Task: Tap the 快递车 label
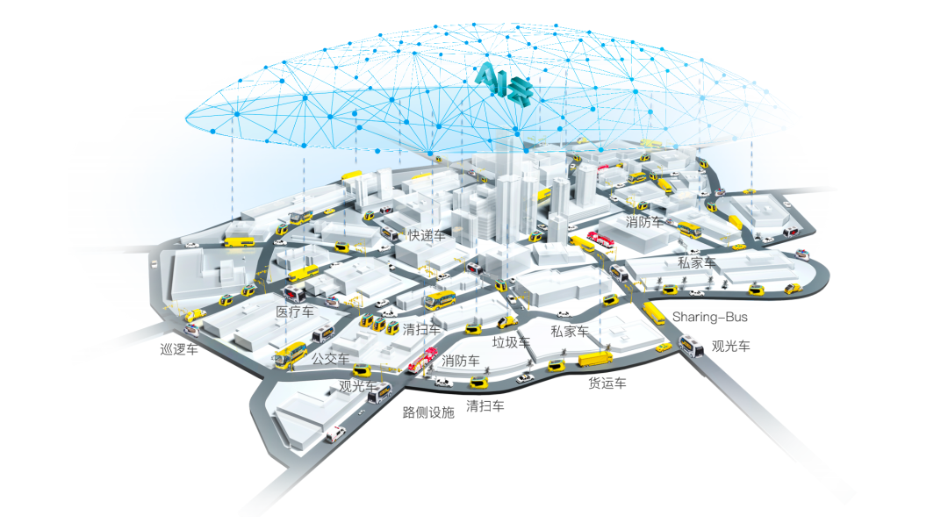(x=427, y=235)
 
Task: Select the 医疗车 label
(x=295, y=312)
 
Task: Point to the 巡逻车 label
(x=179, y=348)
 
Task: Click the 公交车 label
(x=331, y=359)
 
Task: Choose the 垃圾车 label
(x=511, y=342)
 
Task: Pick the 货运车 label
(x=607, y=383)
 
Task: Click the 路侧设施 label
(x=428, y=412)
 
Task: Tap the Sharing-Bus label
(x=710, y=316)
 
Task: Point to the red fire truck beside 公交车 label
(x=420, y=362)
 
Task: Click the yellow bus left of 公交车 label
(x=289, y=355)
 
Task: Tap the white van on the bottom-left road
(x=334, y=433)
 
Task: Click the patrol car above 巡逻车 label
(x=193, y=315)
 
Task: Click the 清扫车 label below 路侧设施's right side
(x=485, y=405)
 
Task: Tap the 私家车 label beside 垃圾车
(x=569, y=331)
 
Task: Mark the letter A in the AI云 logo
(x=485, y=78)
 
